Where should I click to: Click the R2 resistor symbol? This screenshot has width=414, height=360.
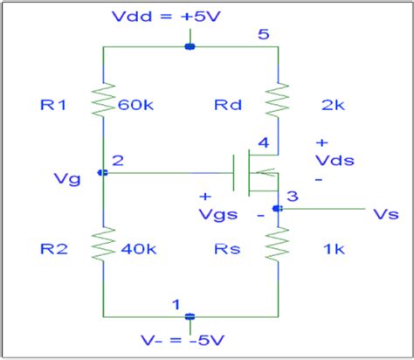coord(103,246)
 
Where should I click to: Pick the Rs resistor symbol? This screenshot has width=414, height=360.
coord(277,246)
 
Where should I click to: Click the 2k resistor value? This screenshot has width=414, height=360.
coord(333,106)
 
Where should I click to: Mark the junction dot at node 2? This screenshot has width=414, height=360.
coord(103,173)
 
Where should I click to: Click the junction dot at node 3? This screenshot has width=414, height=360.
coord(277,208)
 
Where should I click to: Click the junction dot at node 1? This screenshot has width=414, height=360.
coord(190,316)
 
